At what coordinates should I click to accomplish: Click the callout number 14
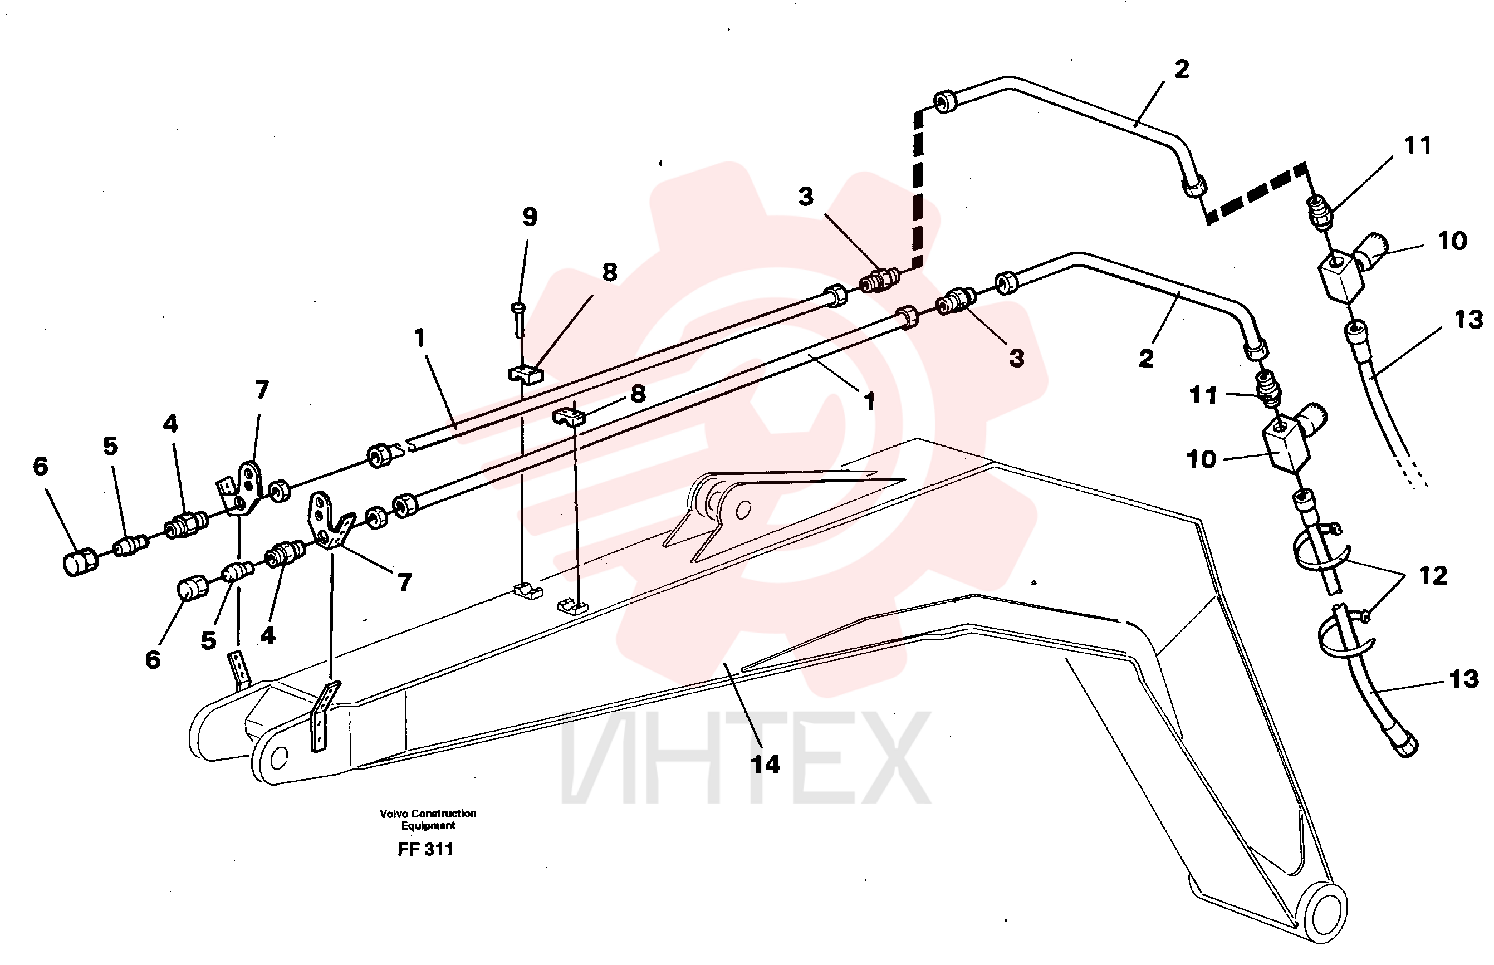[x=765, y=765]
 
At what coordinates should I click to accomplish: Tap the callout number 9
[x=530, y=217]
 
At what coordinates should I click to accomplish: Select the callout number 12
[x=1433, y=575]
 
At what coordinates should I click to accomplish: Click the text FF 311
[x=425, y=849]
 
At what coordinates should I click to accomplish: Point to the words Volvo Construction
[x=428, y=814]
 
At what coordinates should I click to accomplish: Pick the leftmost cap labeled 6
[x=80, y=561]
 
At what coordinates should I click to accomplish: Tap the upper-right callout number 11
[x=1418, y=145]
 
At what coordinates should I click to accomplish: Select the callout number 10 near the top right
[x=1452, y=241]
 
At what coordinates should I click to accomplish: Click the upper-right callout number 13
[x=1469, y=320]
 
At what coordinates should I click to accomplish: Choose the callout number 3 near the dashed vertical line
[x=806, y=197]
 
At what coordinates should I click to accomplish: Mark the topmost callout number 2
[x=1182, y=69]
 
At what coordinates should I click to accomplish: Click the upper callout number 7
[x=262, y=390]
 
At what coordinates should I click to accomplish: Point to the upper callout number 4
[x=170, y=424]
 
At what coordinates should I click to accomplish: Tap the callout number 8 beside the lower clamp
[x=638, y=394]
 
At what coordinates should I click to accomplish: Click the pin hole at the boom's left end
[x=278, y=758]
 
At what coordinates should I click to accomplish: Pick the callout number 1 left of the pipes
[x=420, y=339]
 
